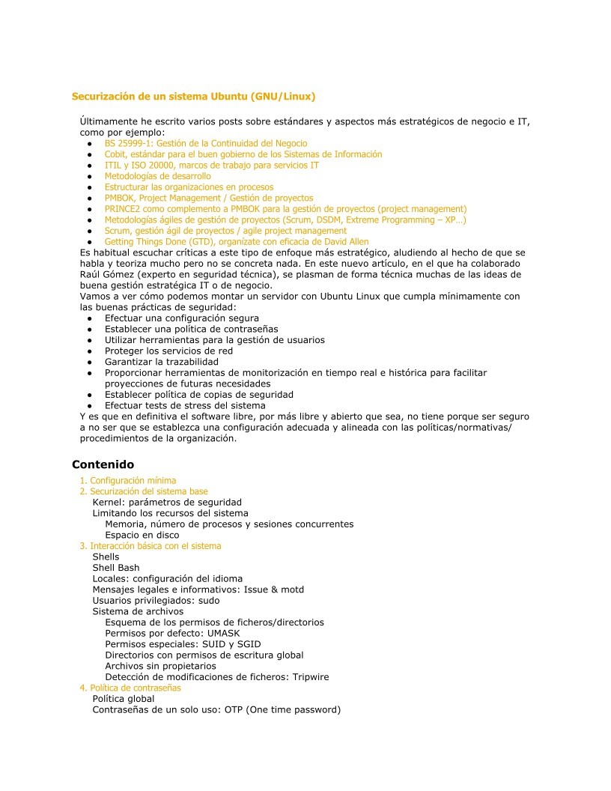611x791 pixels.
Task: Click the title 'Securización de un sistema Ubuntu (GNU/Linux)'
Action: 193,97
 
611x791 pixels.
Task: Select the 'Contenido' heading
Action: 103,464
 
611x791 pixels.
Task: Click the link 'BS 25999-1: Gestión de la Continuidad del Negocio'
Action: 206,143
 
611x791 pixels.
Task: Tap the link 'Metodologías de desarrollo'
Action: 157,176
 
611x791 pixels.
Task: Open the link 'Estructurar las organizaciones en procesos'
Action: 189,187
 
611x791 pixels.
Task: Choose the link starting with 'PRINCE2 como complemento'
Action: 285,209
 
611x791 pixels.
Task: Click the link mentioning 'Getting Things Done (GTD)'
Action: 237,242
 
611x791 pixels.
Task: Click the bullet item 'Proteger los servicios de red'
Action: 168,351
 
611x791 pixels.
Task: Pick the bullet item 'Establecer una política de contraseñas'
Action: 191,329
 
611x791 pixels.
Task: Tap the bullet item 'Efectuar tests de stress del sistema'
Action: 185,405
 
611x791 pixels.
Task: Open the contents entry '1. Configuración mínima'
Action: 128,481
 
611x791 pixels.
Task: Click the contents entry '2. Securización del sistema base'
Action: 144,491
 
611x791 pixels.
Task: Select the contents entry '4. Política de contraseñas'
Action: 130,688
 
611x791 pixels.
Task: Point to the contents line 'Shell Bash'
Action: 116,568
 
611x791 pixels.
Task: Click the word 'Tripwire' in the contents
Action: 311,676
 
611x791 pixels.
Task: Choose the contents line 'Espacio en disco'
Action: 142,535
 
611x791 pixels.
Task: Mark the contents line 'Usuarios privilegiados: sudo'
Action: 156,601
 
